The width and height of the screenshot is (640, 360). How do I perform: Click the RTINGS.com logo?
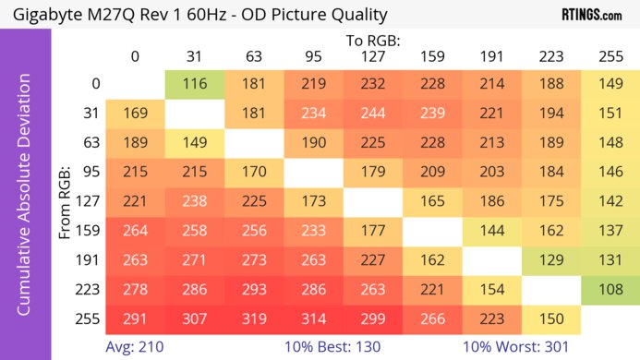(x=591, y=15)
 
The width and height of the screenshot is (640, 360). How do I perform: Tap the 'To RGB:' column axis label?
(x=373, y=41)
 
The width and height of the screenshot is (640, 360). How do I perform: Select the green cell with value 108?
(x=610, y=289)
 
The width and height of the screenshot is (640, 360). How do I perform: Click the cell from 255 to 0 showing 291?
(x=135, y=318)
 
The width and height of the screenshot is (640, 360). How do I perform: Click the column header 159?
(x=432, y=57)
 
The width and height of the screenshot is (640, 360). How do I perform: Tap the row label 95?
(x=90, y=172)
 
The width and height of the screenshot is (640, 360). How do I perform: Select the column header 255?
(x=610, y=57)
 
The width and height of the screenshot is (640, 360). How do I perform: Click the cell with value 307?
(x=195, y=318)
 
